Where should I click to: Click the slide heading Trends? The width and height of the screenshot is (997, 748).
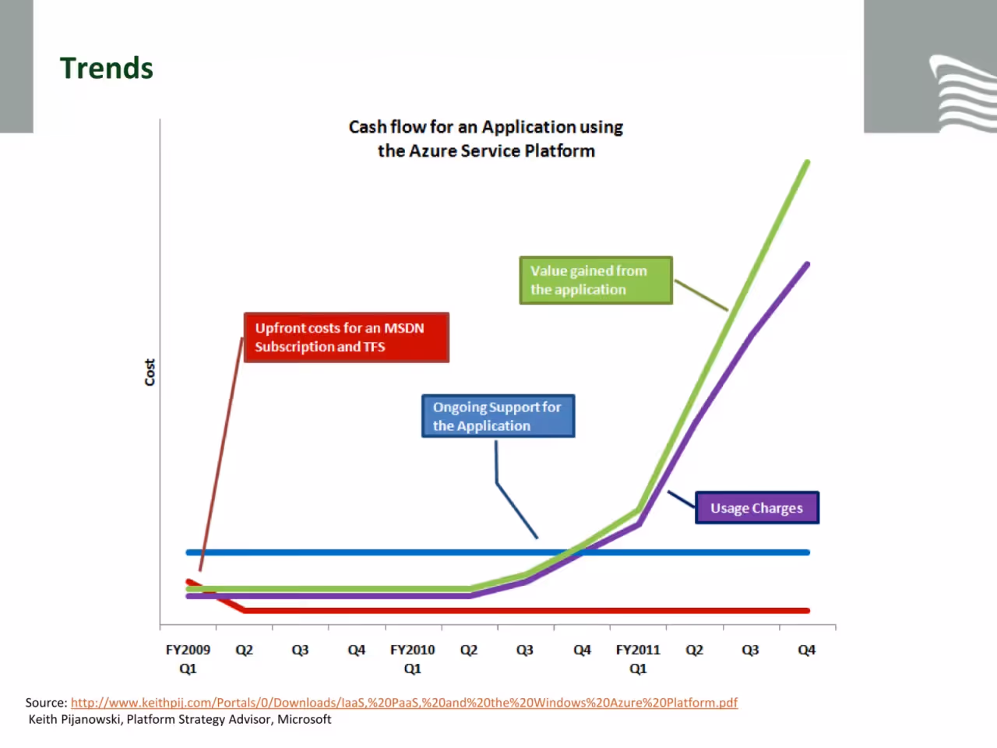point(107,69)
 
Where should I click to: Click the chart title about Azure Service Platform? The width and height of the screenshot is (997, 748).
point(485,139)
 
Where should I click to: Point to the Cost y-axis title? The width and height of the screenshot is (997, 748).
point(150,372)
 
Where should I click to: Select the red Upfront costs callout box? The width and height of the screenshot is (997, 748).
point(347,337)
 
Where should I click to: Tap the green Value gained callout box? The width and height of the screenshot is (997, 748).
point(596,280)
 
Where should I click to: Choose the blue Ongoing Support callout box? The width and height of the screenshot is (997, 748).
point(498,416)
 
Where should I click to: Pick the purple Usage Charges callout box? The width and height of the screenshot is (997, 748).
point(757,508)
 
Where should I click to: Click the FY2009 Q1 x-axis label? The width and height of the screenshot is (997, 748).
point(188,659)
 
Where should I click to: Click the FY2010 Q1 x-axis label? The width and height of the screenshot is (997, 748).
point(412,659)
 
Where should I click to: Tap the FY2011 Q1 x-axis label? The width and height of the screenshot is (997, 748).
point(638,659)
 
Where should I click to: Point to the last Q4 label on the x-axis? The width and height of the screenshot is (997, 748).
point(807,651)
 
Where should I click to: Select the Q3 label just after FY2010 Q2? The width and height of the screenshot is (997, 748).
point(525,651)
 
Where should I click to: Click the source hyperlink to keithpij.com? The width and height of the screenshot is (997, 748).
point(404,703)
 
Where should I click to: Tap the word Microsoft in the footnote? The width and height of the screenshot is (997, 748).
point(305,719)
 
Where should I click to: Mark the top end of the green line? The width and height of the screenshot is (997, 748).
point(808,162)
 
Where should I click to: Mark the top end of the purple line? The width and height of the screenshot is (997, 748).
point(808,264)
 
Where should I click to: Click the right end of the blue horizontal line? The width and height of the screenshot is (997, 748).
point(808,552)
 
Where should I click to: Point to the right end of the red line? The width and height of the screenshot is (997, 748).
point(808,611)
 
